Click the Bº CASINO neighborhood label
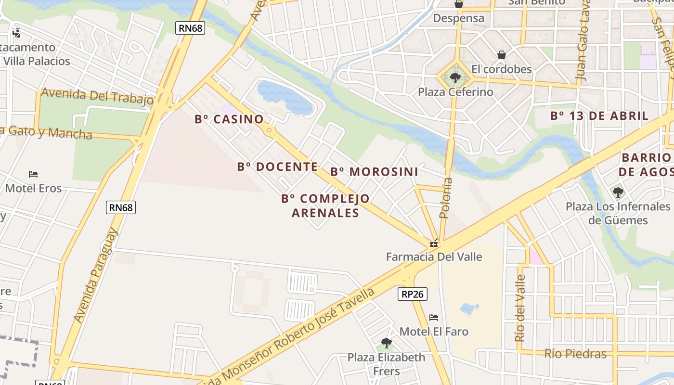(229, 119)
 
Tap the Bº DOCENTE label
(277, 167)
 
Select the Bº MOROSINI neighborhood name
(374, 172)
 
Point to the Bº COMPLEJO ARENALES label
(325, 205)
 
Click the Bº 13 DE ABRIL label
(599, 116)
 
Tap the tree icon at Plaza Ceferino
(455, 77)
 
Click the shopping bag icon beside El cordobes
(502, 55)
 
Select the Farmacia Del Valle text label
(434, 257)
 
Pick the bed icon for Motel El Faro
(434, 318)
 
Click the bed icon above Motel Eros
(33, 174)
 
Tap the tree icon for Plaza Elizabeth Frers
(386, 343)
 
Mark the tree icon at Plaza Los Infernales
(618, 192)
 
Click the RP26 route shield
(413, 294)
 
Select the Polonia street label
(446, 198)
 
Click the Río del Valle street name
(520, 308)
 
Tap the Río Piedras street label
(575, 354)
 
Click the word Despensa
(459, 18)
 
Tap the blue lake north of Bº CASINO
(284, 96)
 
